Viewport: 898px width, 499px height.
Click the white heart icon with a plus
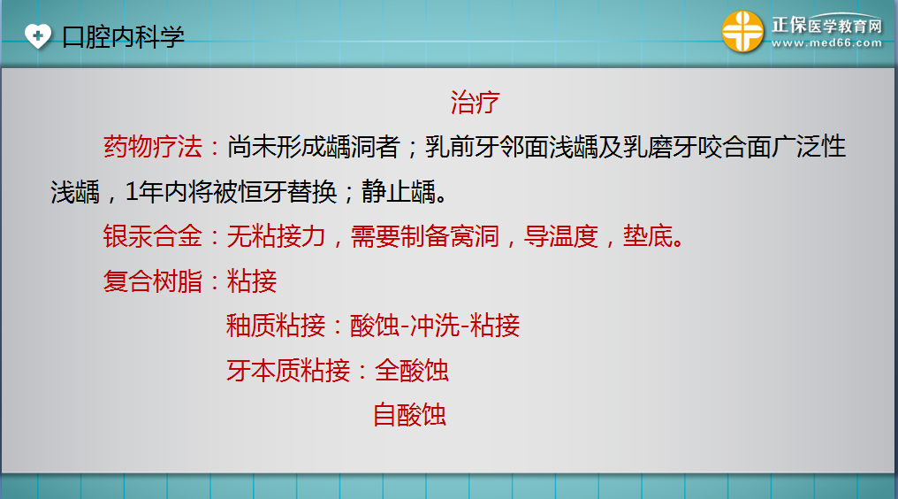(38, 35)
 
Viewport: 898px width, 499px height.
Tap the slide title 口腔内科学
(123, 36)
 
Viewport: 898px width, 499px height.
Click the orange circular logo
(742, 32)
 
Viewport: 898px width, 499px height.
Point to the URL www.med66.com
(826, 43)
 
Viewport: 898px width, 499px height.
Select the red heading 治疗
(475, 103)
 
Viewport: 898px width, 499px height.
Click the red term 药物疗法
(153, 147)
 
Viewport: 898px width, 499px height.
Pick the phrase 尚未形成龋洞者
(313, 147)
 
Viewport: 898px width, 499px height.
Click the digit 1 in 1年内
(132, 192)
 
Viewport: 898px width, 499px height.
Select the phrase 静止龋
(399, 192)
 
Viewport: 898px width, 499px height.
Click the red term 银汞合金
(153, 235)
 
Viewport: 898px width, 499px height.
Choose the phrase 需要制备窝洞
(425, 235)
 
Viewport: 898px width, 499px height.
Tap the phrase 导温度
(561, 235)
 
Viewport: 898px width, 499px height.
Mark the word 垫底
(648, 235)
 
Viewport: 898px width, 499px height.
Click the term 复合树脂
(153, 281)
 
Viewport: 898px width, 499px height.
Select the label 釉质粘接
(276, 326)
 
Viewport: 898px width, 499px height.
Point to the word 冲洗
(436, 326)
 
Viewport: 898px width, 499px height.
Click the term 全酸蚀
(412, 371)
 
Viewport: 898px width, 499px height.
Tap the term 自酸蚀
(409, 415)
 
